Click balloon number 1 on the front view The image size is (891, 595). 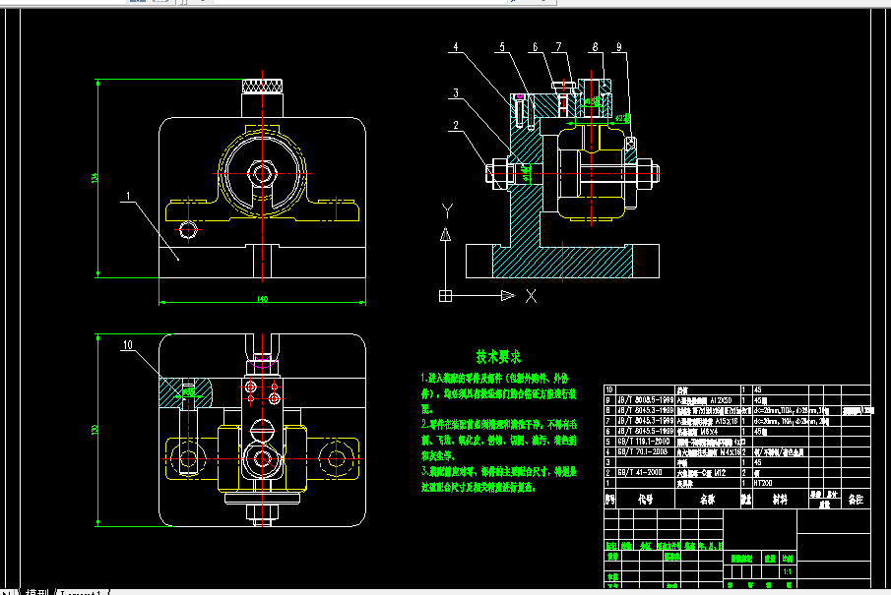[129, 197]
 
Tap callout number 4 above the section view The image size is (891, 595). [456, 47]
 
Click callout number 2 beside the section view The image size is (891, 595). [456, 125]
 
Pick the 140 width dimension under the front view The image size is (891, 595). [261, 297]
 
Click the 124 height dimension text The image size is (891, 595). [95, 177]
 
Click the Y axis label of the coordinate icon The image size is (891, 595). [446, 209]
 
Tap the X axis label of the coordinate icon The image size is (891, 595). [531, 295]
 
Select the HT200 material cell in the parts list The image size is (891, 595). [764, 483]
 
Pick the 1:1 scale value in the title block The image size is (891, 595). [787, 570]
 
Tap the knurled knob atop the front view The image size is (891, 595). [263, 88]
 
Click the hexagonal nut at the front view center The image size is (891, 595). [263, 173]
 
